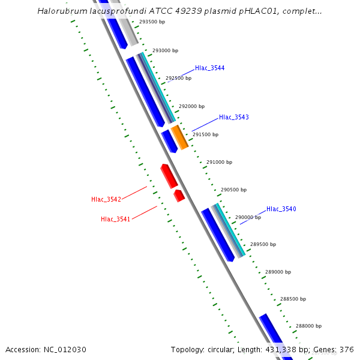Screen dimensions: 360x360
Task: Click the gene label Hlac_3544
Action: (209, 68)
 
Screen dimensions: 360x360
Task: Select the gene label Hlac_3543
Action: (233, 118)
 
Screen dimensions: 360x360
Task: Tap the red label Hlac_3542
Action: (106, 199)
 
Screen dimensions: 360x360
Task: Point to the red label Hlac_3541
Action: (116, 220)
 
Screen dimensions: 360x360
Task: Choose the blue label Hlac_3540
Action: (281, 209)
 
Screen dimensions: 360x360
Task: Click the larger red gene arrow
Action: (169, 176)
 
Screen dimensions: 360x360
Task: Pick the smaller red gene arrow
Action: (179, 196)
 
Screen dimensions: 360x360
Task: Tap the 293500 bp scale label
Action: (152, 22)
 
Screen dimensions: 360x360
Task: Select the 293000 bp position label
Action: (166, 51)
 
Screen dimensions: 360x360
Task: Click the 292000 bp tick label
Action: (192, 106)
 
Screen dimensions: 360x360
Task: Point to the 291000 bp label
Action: (219, 162)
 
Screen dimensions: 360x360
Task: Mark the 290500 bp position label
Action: (233, 190)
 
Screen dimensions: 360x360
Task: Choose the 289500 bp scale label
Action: (263, 245)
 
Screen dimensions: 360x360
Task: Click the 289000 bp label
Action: (278, 272)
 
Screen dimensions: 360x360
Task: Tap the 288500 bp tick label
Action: (292, 299)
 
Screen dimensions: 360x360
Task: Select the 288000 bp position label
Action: (308, 326)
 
